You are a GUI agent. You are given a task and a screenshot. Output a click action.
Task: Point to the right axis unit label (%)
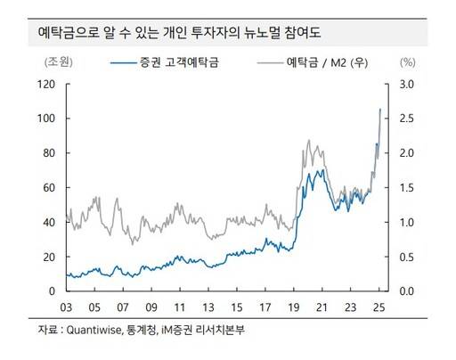408,63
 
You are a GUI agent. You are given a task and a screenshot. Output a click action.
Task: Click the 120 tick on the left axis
49,84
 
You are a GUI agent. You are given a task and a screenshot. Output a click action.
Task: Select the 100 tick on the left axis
49,119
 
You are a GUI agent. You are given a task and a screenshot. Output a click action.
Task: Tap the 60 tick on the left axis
51,188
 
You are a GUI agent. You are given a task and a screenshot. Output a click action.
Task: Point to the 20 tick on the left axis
51,257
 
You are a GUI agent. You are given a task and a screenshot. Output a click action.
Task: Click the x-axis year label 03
67,306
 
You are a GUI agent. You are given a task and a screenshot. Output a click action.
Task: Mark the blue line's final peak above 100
381,109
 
